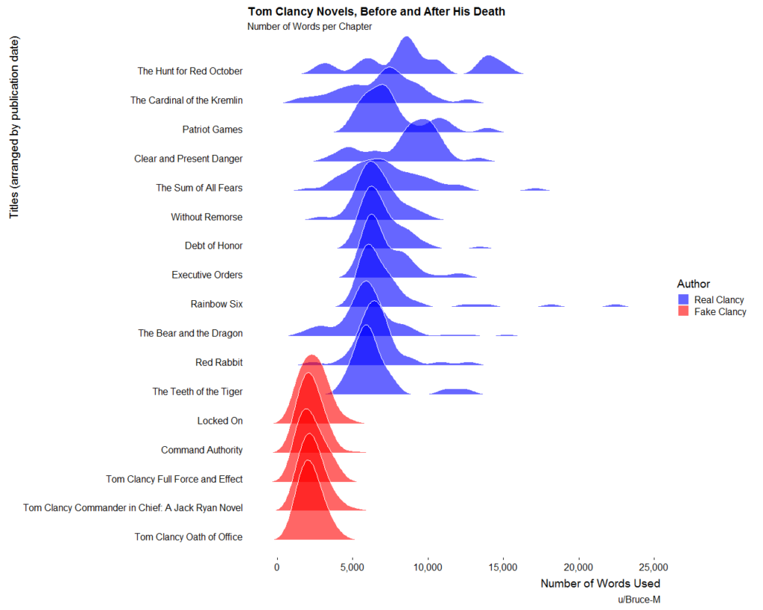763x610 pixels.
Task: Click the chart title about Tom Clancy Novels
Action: (x=376, y=12)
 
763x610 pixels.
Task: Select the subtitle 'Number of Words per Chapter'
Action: (x=309, y=27)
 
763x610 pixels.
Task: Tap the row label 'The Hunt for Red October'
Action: (x=190, y=72)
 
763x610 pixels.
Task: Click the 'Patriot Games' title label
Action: (x=212, y=130)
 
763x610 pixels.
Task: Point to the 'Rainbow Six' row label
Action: (x=216, y=304)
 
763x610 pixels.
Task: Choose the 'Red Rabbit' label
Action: (x=218, y=362)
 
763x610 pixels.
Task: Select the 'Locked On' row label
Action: (x=220, y=421)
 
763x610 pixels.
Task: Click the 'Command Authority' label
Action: (x=202, y=450)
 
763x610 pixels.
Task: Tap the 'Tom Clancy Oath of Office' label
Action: (x=189, y=537)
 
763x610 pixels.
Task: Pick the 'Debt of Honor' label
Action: (x=214, y=246)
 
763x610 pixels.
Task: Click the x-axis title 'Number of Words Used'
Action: (x=601, y=583)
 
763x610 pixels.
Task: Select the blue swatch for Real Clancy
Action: (x=683, y=299)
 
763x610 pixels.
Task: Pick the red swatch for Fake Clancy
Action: (x=683, y=312)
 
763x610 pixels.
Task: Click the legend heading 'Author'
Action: (x=693, y=284)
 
